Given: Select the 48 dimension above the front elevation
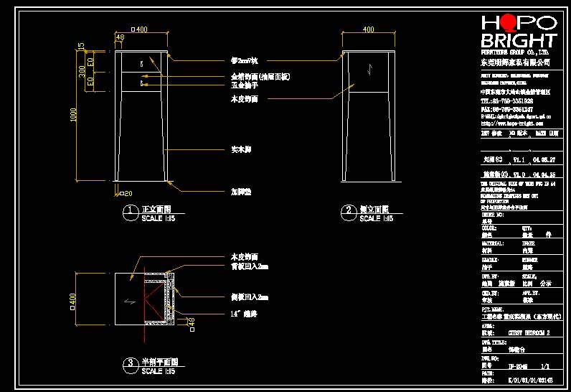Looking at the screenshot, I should coord(119,37).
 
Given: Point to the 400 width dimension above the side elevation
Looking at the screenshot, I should coord(368,29).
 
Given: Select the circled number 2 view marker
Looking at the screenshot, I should coord(348,211).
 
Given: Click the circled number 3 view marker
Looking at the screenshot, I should coord(130,363).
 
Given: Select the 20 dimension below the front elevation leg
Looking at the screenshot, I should coord(128,194).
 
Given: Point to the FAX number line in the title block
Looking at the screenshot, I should coord(506,109).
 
